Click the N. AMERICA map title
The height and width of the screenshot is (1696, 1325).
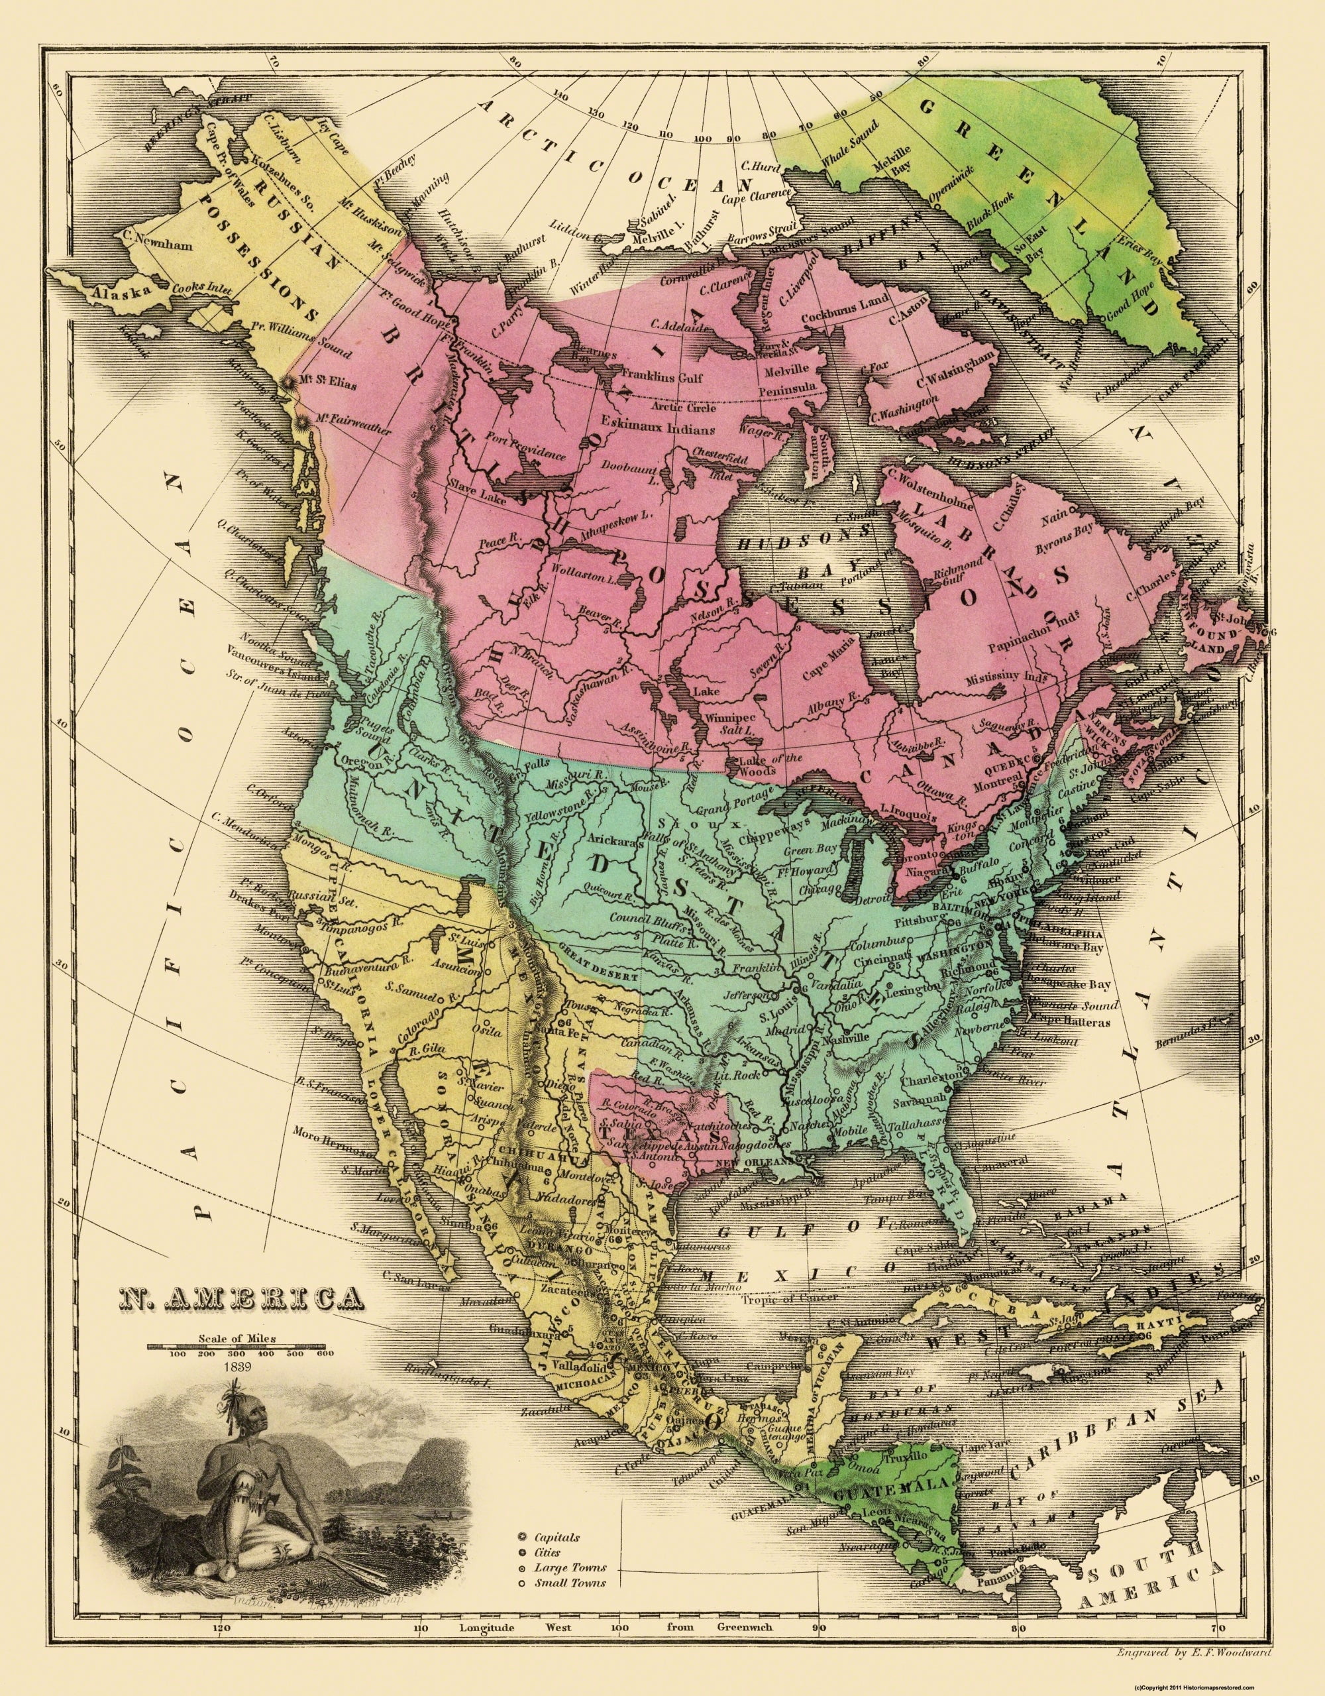(240, 1296)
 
